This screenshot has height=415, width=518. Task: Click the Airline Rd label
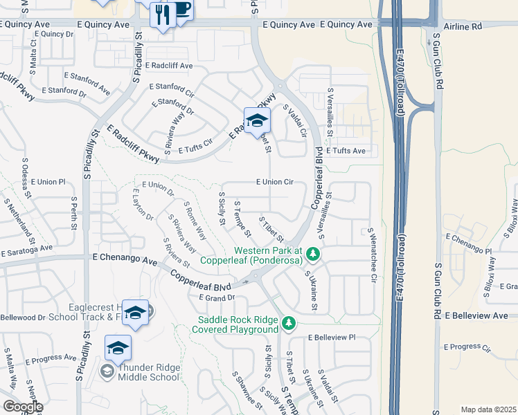point(463,25)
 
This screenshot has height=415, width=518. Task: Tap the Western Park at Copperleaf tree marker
point(313,255)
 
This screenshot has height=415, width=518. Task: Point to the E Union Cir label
point(275,182)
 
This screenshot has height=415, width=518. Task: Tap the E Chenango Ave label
point(125,257)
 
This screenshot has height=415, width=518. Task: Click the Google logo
point(22,406)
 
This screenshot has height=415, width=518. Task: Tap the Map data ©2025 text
point(488,409)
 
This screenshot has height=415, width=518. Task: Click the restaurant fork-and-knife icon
point(163,14)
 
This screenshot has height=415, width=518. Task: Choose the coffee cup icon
point(181,10)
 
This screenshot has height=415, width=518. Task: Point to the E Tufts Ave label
point(346,150)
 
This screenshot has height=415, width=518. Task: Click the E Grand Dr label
point(217,298)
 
